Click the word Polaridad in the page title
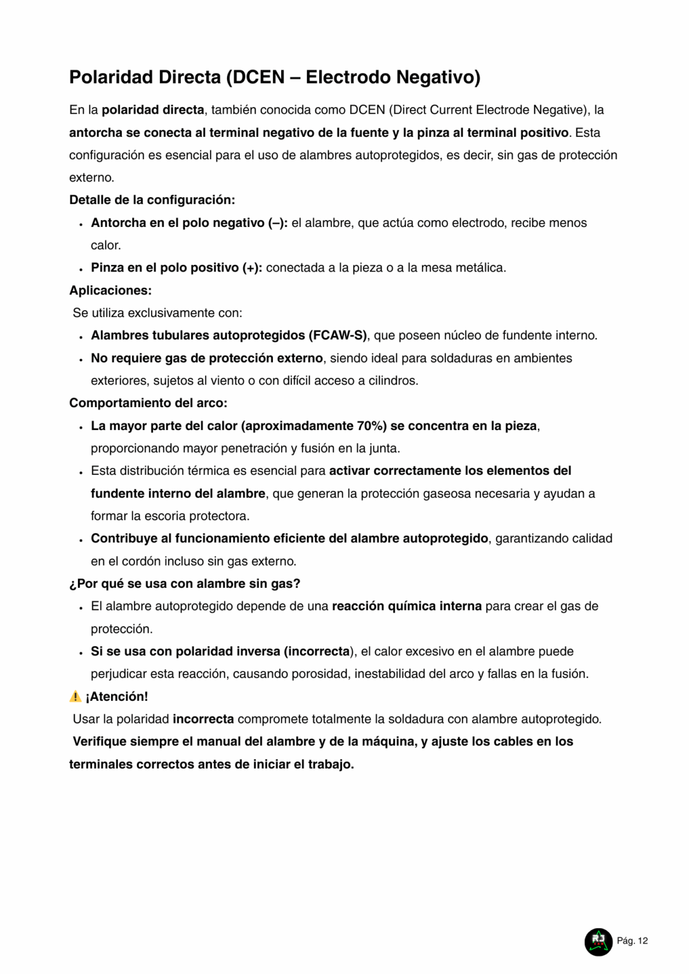click(x=111, y=77)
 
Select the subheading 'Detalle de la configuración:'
click(x=152, y=200)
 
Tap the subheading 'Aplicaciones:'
click(x=110, y=290)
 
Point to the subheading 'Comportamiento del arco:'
click(x=148, y=403)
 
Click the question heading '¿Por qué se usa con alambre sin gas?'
click(x=185, y=583)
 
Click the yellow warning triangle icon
click(x=75, y=696)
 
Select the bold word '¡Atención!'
click(x=117, y=696)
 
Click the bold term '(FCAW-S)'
click(x=338, y=335)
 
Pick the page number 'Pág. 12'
click(x=633, y=941)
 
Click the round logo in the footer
click(x=598, y=942)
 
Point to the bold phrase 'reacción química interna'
click(x=407, y=606)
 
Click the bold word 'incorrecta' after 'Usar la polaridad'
click(x=203, y=719)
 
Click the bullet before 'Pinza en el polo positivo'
click(x=81, y=269)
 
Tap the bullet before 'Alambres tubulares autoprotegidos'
click(x=81, y=337)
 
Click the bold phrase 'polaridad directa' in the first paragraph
click(x=153, y=110)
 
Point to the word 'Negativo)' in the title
click(x=438, y=77)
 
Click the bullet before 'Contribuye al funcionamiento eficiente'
click(x=81, y=540)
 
